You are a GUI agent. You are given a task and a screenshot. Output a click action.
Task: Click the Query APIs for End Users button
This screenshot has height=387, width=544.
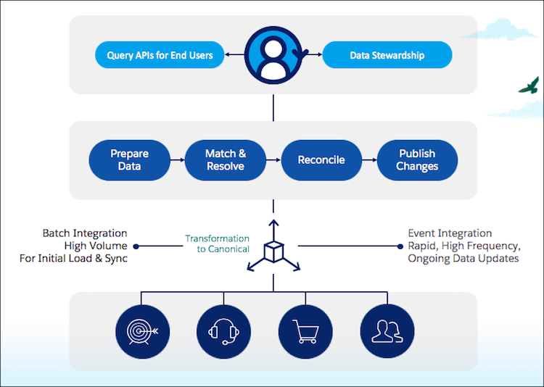160,55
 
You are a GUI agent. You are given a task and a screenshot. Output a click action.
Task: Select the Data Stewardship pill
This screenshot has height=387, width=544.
387,55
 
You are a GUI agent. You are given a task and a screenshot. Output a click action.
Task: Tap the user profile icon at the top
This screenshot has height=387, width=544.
273,55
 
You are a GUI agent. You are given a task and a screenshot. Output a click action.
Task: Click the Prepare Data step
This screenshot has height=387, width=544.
129,160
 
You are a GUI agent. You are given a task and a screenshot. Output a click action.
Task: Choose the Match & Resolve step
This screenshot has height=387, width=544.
225,160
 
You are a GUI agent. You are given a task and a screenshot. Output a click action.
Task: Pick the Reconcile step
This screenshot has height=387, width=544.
321,160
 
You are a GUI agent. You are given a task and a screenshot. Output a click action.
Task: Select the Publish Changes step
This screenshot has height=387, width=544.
417,160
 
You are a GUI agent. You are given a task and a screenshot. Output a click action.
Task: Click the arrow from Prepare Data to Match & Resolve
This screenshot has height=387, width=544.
177,160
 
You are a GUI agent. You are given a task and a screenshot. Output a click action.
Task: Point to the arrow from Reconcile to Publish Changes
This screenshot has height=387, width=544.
369,160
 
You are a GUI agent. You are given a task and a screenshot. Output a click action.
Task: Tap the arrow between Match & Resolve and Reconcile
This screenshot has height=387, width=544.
273,160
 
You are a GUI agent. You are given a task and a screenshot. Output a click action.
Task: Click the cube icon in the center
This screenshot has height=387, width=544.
273,251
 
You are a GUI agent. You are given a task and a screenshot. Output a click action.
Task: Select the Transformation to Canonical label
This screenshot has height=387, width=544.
217,244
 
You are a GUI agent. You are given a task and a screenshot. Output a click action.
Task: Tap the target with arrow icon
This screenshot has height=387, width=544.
141,333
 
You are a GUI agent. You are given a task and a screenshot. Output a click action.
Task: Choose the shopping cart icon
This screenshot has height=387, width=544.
305,333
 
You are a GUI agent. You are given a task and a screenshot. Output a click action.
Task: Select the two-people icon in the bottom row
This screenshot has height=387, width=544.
386,333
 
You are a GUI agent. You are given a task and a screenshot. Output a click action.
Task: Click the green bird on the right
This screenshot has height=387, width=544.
529,86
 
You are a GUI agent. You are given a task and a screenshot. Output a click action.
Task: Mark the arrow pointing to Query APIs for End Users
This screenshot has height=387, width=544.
232,55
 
